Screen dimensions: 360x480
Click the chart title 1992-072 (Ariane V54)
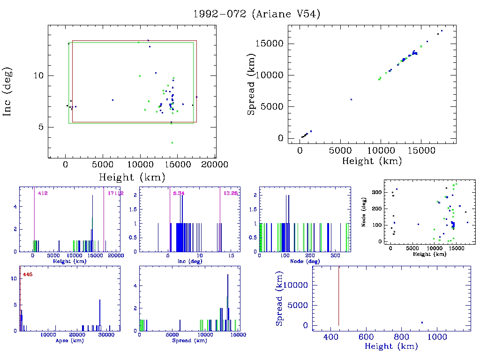pyautogui.click(x=256, y=14)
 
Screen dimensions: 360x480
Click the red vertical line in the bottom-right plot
pyautogui.click(x=338, y=295)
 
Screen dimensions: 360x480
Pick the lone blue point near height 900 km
pyautogui.click(x=422, y=322)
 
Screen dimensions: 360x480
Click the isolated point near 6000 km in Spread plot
pyautogui.click(x=351, y=99)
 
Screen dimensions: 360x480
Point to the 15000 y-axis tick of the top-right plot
pyautogui.click(x=271, y=44)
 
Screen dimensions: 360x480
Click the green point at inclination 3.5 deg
pyautogui.click(x=172, y=142)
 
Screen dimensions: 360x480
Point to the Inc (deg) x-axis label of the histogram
pyautogui.click(x=186, y=261)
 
